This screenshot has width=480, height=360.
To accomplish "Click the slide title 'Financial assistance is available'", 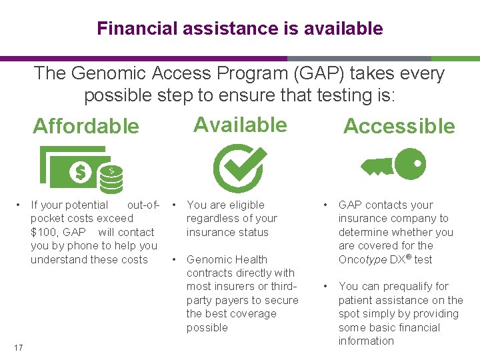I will pyautogui.click(x=240, y=29).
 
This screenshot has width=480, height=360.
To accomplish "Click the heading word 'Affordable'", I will pyautogui.click(x=86, y=126).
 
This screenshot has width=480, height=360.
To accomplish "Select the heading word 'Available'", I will pyautogui.click(x=240, y=125).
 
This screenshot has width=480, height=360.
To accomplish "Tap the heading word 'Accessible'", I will pyautogui.click(x=399, y=126).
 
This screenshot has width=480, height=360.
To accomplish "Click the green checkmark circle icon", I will pyautogui.click(x=239, y=167).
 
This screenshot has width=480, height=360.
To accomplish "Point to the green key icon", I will pyautogui.click(x=393, y=164).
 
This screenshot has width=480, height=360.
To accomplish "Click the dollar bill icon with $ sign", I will pyautogui.click(x=76, y=169).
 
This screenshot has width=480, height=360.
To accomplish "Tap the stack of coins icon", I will pyautogui.click(x=111, y=179).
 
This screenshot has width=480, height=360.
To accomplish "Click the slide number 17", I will pyautogui.click(x=20, y=346).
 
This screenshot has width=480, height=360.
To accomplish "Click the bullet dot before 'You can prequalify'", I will pyautogui.click(x=325, y=286).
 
